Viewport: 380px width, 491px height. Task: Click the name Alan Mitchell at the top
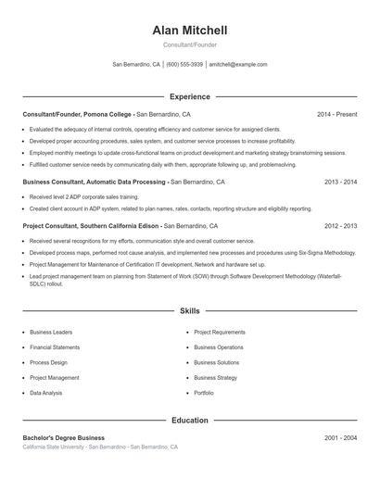(x=190, y=31)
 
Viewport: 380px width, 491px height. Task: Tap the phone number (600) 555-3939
(x=184, y=65)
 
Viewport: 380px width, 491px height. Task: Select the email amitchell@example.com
(x=238, y=65)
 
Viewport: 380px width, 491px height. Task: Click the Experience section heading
(x=190, y=96)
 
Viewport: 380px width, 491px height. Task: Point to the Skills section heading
(x=190, y=311)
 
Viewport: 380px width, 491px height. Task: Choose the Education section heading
(x=190, y=420)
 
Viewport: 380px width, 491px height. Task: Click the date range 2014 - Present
(x=336, y=115)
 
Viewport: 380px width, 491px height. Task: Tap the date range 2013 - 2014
(x=340, y=183)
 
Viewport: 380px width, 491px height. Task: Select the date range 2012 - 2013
(x=340, y=225)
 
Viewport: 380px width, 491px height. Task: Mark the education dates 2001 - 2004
(x=340, y=437)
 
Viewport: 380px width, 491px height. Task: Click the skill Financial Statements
(x=55, y=347)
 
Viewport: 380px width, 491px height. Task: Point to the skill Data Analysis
(x=46, y=393)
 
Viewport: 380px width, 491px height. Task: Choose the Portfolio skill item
(x=204, y=393)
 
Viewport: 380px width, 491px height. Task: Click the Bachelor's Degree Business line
(x=64, y=437)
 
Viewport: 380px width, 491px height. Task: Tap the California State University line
(x=101, y=447)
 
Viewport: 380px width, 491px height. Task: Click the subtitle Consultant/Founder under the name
(x=190, y=45)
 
